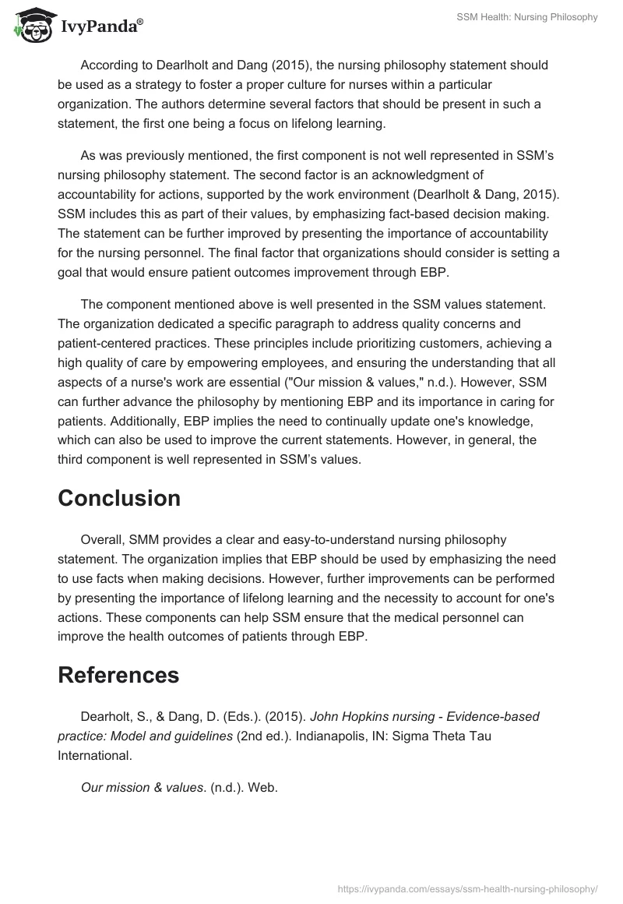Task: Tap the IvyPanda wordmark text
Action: click(x=101, y=27)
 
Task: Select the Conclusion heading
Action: click(x=119, y=499)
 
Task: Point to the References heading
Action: click(x=118, y=675)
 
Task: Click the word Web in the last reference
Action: click(x=264, y=787)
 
